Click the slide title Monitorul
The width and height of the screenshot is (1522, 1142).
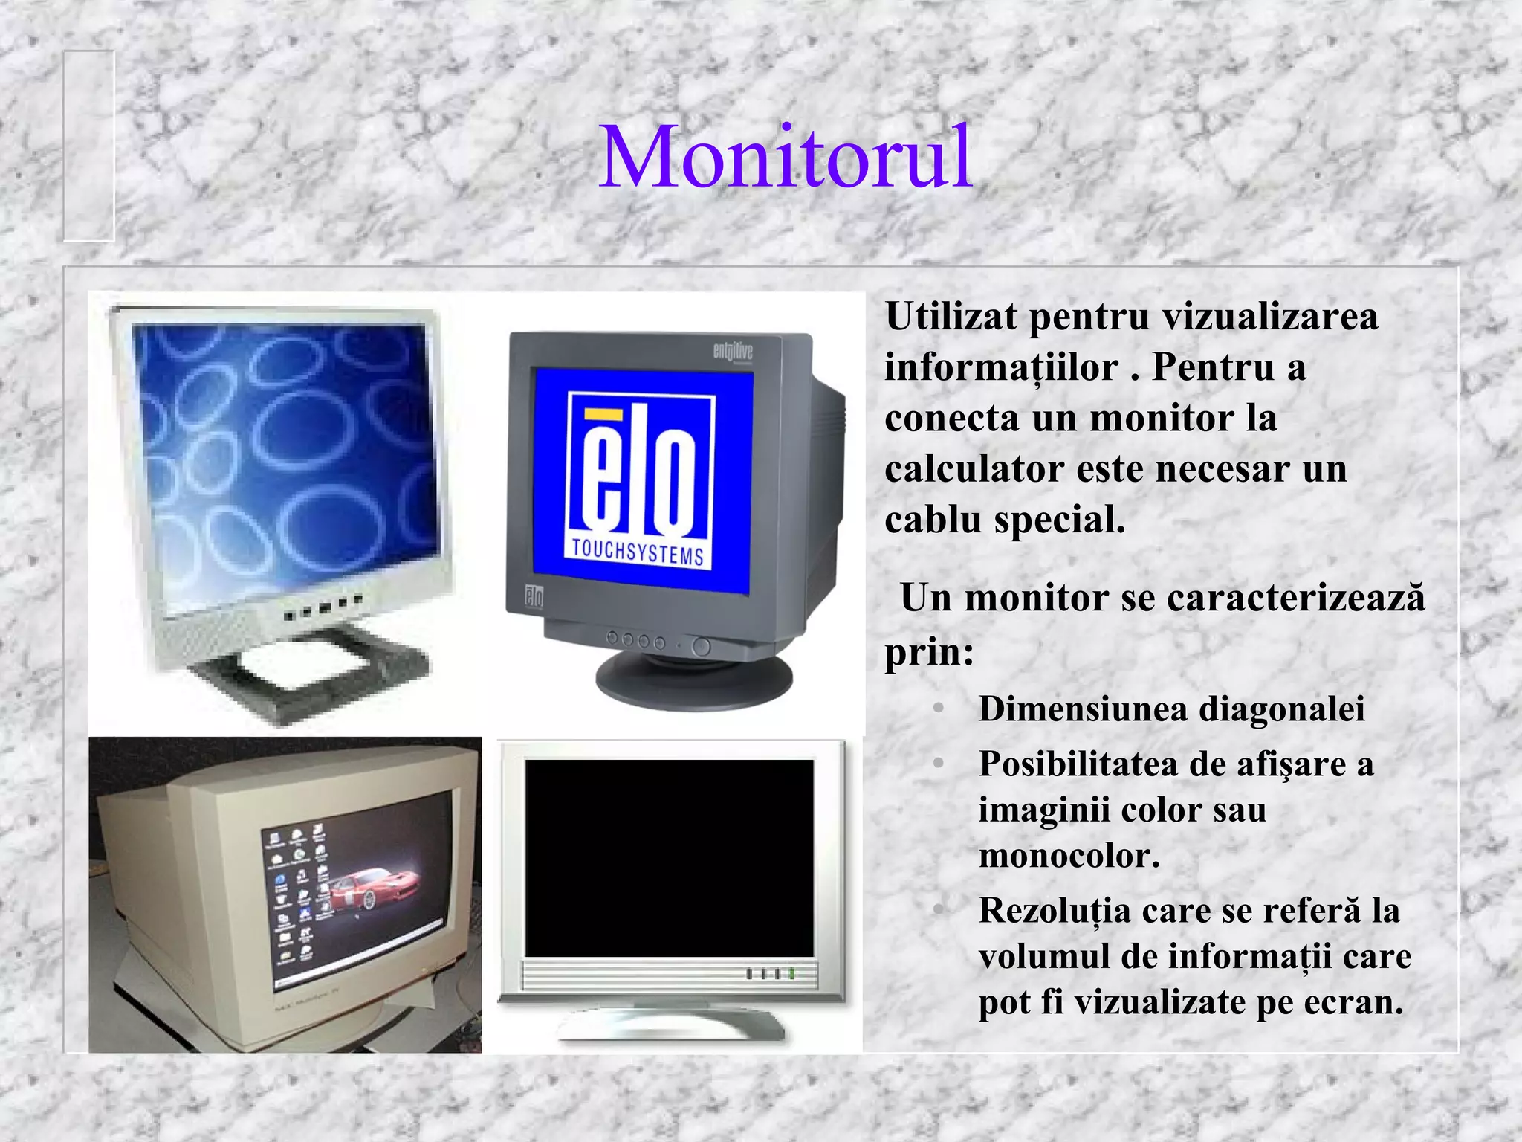(786, 157)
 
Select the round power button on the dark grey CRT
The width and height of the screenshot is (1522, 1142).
(701, 646)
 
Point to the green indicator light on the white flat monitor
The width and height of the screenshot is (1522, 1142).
(792, 973)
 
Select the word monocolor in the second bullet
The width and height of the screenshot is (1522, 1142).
(1069, 856)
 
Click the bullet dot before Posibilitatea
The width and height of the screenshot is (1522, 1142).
(939, 764)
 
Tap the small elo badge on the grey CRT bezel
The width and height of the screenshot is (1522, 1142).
(534, 597)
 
